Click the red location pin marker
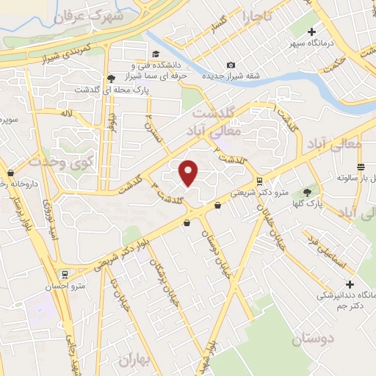point(189,172)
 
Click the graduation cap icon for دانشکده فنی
point(155,54)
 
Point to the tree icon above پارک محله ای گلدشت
point(111,78)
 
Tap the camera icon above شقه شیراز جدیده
point(231,65)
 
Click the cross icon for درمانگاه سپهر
point(312,32)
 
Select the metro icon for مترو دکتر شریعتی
point(259,181)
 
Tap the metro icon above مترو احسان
point(65,275)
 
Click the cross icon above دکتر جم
point(350,284)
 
